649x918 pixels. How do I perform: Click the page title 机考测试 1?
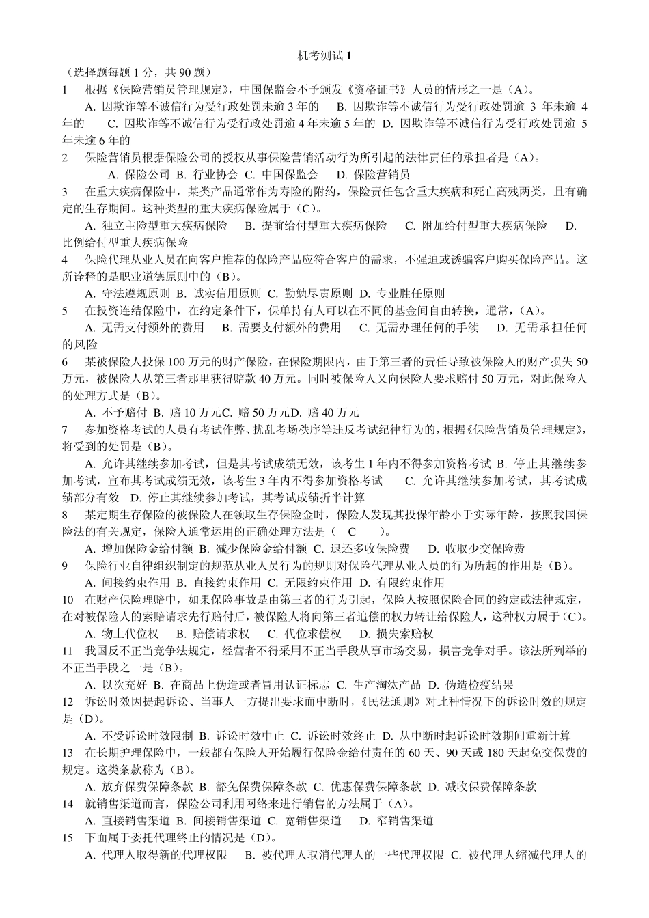[324, 56]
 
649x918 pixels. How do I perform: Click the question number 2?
[65, 157]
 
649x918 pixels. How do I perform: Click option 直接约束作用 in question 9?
[219, 583]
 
